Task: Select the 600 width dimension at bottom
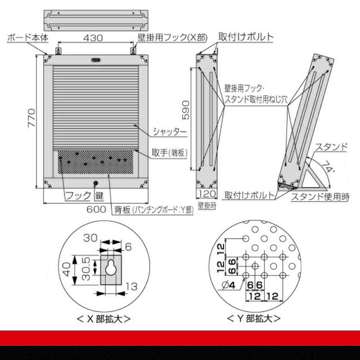coord(96,209)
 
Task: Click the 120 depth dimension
coord(207,194)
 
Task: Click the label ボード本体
coord(27,38)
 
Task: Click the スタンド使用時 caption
coord(320,197)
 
